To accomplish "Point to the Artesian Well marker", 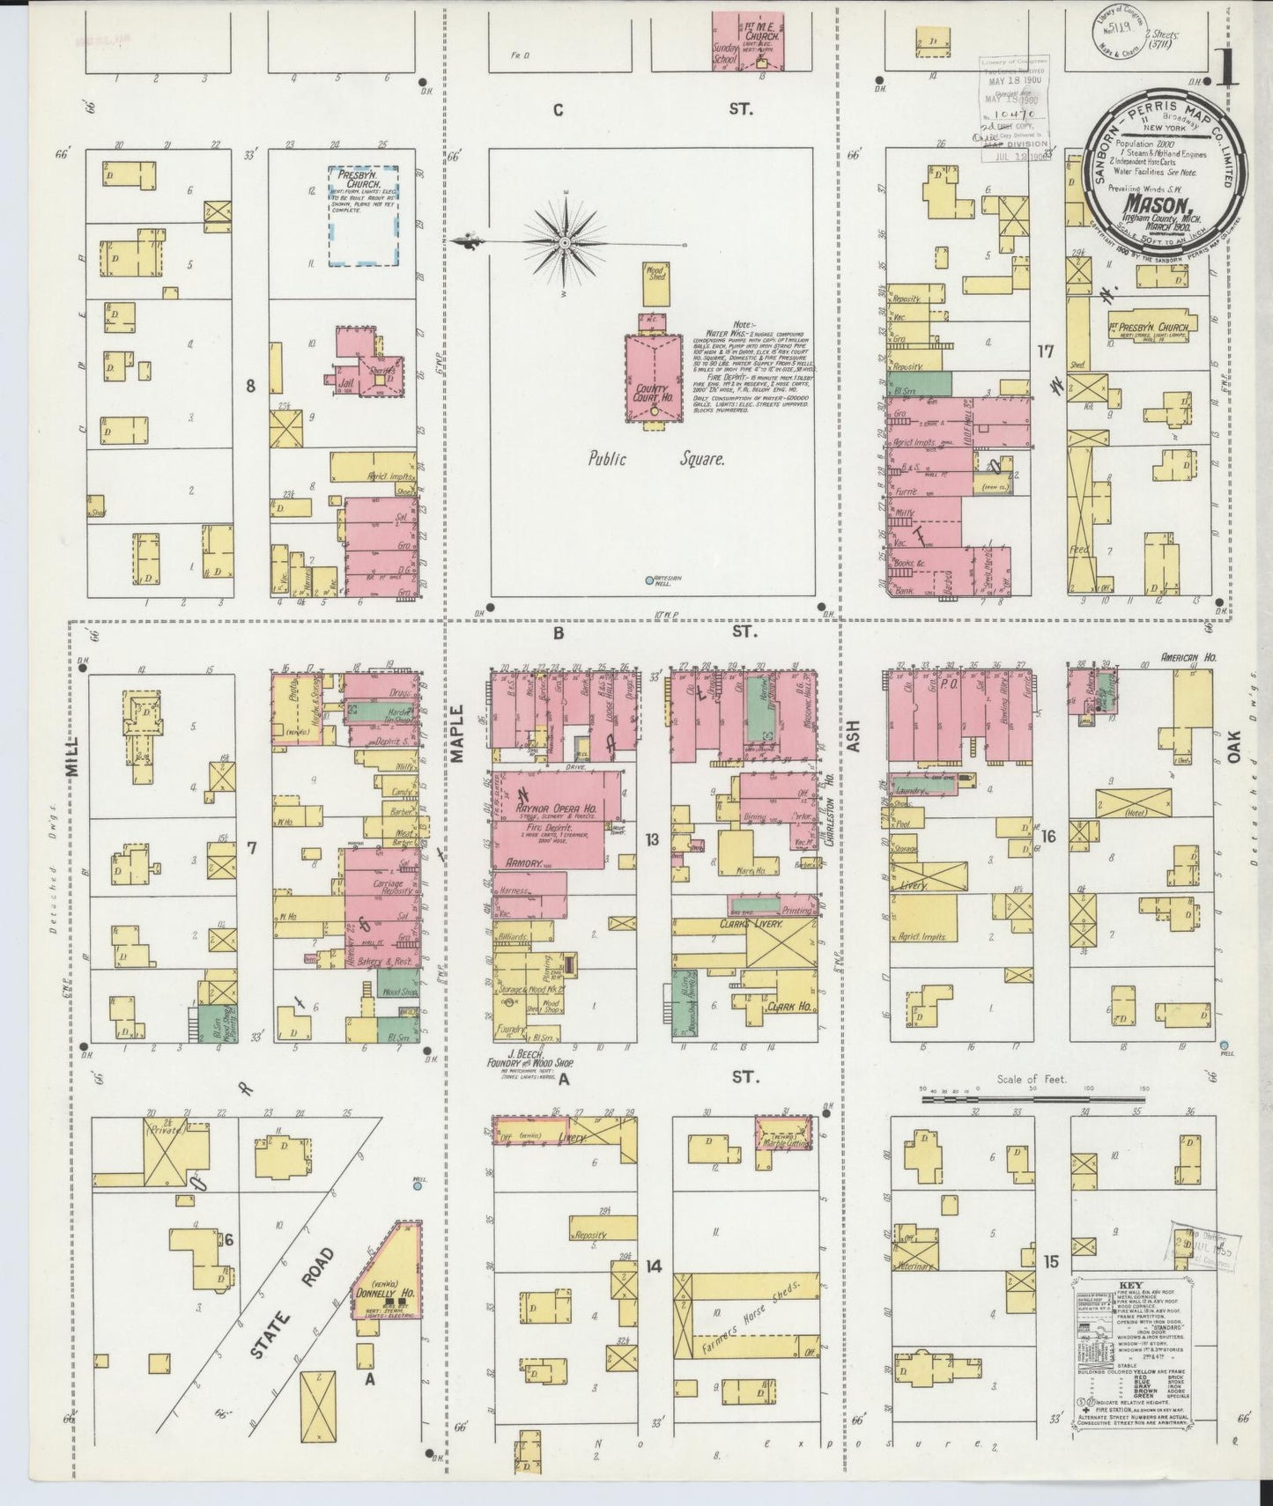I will pyautogui.click(x=650, y=580).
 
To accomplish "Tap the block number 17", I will pyautogui.click(x=1046, y=352).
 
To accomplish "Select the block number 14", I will pyautogui.click(x=653, y=1266).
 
